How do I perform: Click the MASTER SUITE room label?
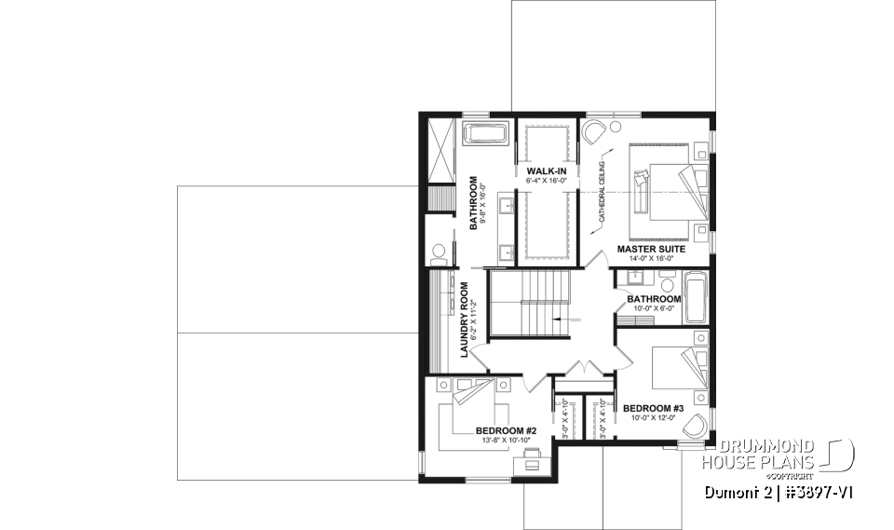[651, 250]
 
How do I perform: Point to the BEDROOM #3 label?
[653, 408]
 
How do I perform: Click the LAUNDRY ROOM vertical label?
[463, 319]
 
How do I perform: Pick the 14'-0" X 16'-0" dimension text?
[651, 261]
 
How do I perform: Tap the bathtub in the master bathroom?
[486, 133]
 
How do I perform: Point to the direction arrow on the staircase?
[560, 319]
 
